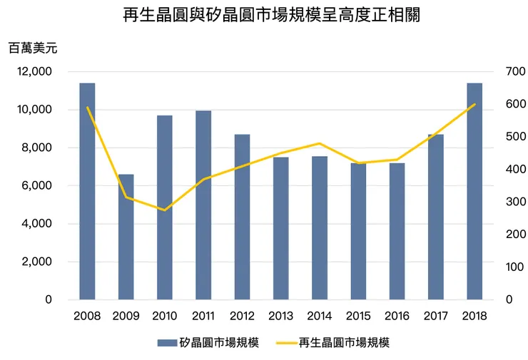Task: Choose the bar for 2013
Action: [281, 228]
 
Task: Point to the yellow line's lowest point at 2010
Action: [165, 210]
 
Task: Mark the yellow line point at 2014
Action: [320, 143]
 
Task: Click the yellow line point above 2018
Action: [474, 104]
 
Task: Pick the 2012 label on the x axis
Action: [242, 316]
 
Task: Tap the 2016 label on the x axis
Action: [397, 316]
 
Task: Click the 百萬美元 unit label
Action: [33, 48]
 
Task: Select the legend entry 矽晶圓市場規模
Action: [218, 342]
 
